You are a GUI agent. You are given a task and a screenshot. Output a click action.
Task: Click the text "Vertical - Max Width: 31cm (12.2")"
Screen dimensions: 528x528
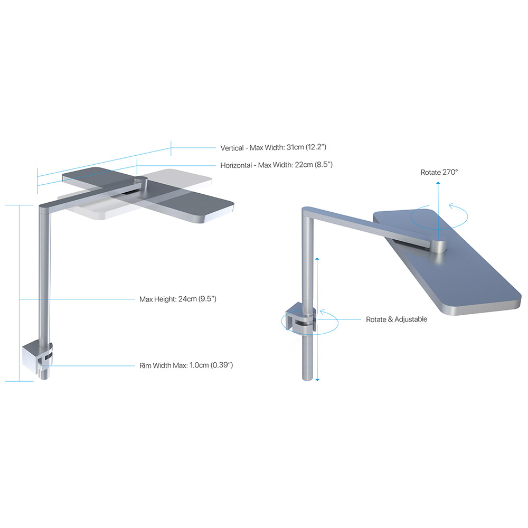click(277, 148)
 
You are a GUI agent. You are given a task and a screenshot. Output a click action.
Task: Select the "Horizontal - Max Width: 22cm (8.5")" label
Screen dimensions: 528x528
click(276, 165)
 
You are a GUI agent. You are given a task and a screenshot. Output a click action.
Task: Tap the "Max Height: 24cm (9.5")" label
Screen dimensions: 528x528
click(178, 299)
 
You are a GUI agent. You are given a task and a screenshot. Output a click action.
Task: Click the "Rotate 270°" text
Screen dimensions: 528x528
click(440, 172)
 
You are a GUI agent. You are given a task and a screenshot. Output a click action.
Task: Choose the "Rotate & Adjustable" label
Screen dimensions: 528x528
click(397, 319)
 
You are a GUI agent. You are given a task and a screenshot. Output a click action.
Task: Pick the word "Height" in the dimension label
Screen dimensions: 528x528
click(165, 299)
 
